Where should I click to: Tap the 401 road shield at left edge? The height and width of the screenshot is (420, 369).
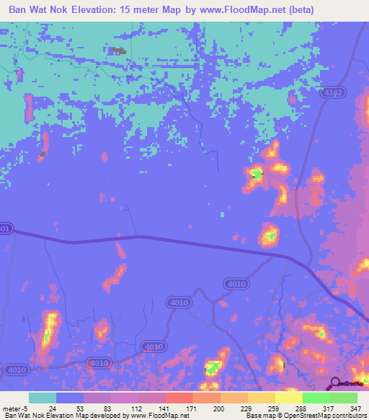5,229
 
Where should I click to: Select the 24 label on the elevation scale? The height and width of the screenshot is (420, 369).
51,408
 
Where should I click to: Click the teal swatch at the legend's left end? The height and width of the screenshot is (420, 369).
43,398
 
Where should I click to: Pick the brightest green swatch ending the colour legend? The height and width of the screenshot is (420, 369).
344,398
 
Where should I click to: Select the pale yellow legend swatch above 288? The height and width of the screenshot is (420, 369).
288,398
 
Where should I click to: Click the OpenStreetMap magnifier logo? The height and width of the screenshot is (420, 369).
334,383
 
